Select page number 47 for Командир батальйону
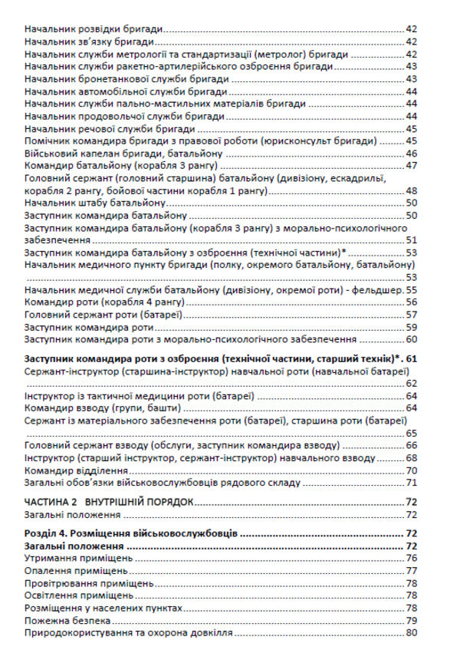point(412,166)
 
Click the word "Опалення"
point(48,570)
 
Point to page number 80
point(412,632)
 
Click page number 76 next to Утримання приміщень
point(412,558)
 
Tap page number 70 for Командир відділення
point(412,470)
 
